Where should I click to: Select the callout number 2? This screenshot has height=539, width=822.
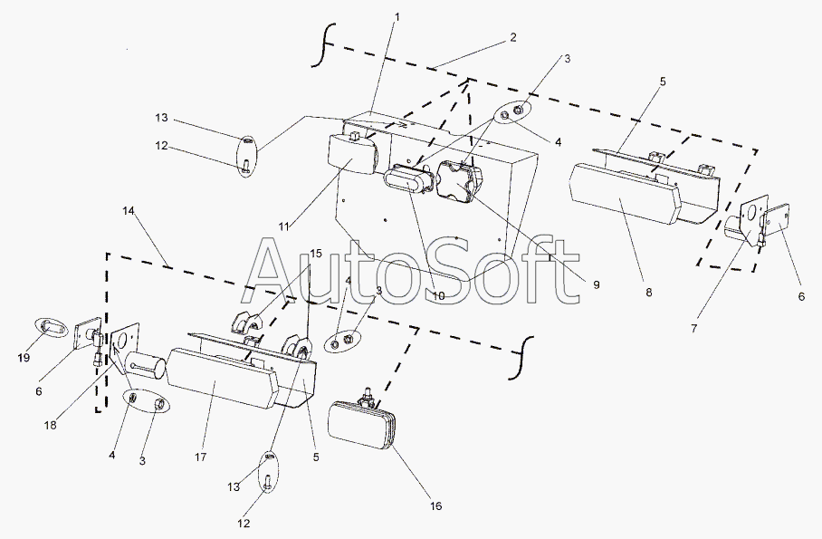click(x=512, y=37)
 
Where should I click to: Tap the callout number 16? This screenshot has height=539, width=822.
click(x=435, y=505)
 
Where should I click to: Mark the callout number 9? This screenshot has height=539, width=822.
click(x=596, y=284)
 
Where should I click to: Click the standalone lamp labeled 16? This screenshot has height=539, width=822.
click(x=362, y=428)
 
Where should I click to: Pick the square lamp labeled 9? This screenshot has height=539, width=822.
click(x=458, y=181)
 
